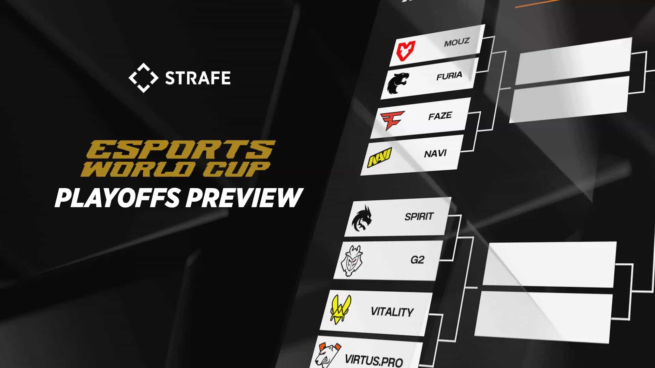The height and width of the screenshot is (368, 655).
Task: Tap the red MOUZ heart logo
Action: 406,50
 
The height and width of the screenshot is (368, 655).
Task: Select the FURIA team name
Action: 449,76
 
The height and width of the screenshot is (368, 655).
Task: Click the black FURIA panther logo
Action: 398,83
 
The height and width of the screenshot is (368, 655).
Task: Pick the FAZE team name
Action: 440,116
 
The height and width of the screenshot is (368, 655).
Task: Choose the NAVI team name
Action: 435,154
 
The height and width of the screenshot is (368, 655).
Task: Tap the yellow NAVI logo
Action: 379,158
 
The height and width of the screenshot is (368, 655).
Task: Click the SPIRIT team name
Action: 419,216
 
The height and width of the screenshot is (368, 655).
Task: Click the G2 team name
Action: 417,260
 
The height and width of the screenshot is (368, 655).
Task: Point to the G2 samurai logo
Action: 351,261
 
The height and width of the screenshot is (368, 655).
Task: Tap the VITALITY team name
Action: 392,311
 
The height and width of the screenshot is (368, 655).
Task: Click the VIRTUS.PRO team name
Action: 374,359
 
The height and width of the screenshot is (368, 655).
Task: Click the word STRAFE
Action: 198,78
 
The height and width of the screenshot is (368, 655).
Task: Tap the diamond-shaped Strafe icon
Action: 143,78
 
